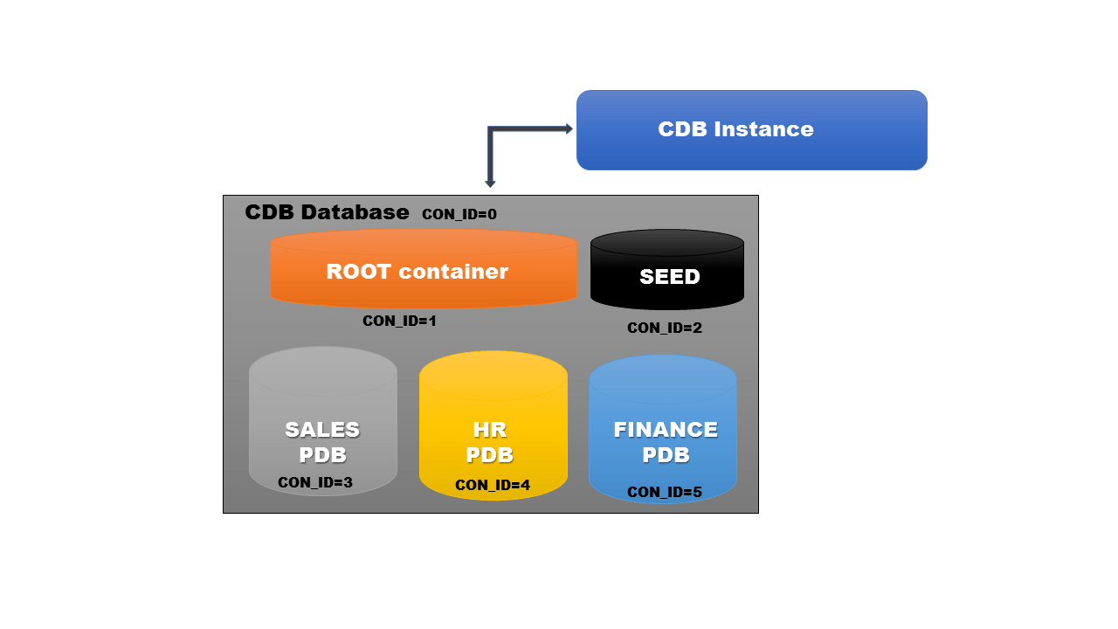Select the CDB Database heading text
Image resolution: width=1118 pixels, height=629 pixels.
click(x=327, y=212)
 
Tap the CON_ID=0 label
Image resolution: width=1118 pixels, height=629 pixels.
click(x=459, y=214)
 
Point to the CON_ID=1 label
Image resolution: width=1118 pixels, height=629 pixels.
click(x=399, y=321)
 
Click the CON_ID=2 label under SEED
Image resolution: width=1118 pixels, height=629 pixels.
click(x=665, y=328)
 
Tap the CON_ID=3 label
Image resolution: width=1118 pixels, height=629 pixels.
click(x=315, y=482)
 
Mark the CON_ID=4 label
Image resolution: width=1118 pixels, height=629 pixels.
click(x=493, y=485)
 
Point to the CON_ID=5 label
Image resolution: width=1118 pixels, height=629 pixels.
click(x=665, y=492)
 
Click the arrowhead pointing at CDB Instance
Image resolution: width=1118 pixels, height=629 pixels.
click(x=569, y=128)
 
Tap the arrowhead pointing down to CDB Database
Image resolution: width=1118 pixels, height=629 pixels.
click(x=490, y=183)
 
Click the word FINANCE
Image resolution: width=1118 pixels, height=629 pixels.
click(x=666, y=430)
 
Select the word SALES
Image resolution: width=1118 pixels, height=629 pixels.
click(x=322, y=430)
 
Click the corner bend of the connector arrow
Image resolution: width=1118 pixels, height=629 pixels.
click(x=491, y=129)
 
